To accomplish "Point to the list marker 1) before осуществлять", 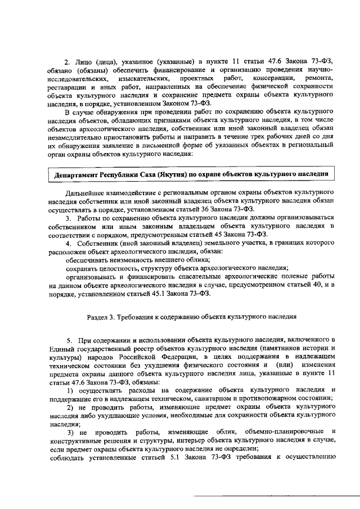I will [x=71, y=390].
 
